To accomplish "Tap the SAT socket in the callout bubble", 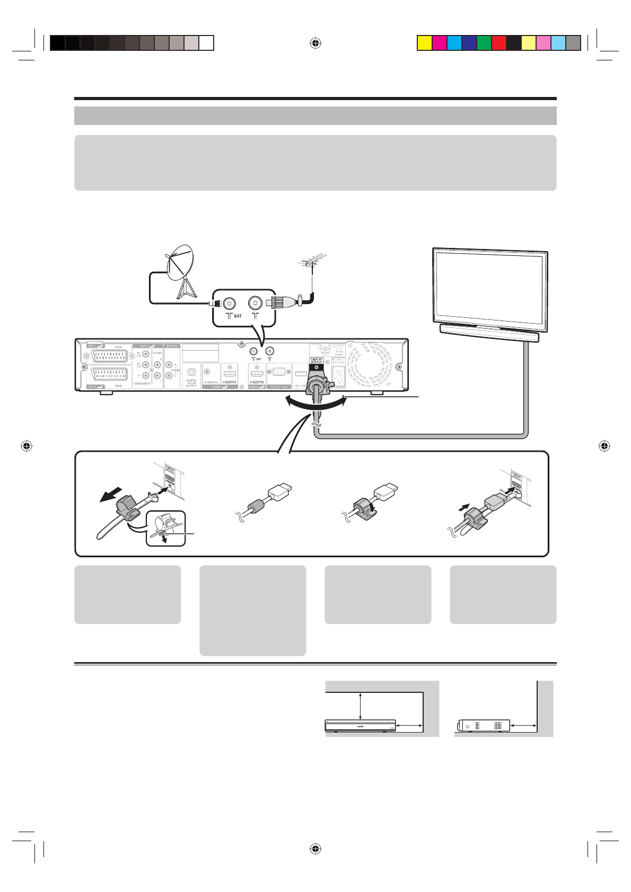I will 229,303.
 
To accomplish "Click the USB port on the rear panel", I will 299,373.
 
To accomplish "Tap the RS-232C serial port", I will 279,372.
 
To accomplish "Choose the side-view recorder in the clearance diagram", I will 483,725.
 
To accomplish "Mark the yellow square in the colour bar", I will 424,43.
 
